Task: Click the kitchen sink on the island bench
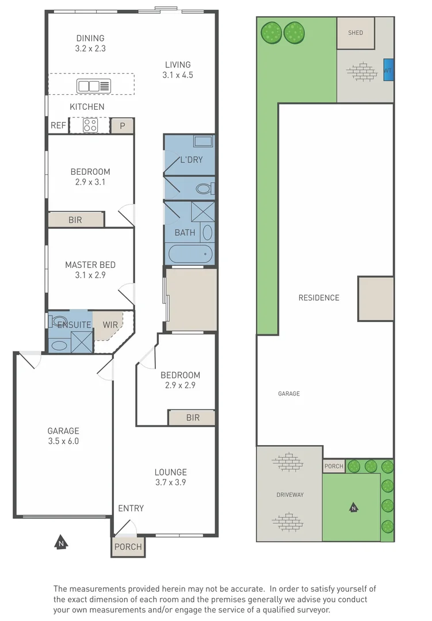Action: [x=94, y=86]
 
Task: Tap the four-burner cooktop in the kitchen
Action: [x=90, y=125]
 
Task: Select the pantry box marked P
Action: [x=122, y=126]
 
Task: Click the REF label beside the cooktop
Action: [x=58, y=125]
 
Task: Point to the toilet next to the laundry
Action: [x=205, y=188]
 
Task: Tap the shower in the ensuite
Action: [x=82, y=342]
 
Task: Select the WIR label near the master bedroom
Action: [x=110, y=325]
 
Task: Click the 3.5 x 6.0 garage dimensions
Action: [x=63, y=441]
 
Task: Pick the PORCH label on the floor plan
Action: [x=128, y=547]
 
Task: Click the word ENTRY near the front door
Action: [x=131, y=508]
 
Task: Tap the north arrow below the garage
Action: [x=61, y=542]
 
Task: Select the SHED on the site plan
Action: [x=355, y=33]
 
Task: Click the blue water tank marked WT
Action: [x=388, y=70]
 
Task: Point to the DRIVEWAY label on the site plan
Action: [x=290, y=494]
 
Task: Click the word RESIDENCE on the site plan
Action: [x=319, y=298]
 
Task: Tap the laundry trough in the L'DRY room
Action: [x=203, y=141]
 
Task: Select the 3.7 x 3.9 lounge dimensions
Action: [x=171, y=482]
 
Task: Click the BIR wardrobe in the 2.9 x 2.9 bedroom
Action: [x=192, y=417]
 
